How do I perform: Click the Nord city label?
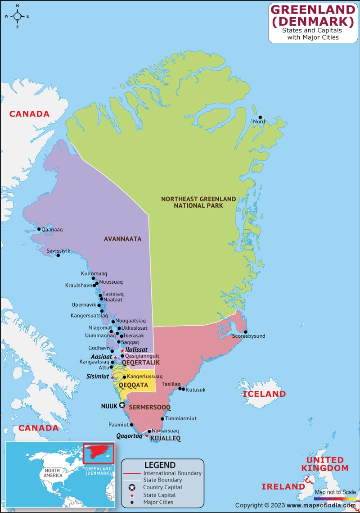tap(259, 122)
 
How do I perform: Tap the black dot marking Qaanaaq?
tap(39, 229)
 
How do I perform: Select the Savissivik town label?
tap(58, 250)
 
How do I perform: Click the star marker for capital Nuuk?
tap(121, 405)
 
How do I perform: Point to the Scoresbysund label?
tap(249, 336)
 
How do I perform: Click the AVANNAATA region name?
tap(122, 239)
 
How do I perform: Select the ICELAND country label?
tap(264, 394)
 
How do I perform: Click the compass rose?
tap(17, 16)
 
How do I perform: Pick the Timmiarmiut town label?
tap(181, 418)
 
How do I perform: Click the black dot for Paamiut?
tap(132, 424)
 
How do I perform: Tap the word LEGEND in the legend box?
tap(160, 465)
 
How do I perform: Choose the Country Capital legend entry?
tap(162, 487)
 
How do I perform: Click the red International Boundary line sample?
tap(131, 473)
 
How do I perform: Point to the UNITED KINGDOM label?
tap(328, 464)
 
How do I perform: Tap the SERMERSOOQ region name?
tap(150, 407)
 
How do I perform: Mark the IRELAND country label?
tap(283, 486)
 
